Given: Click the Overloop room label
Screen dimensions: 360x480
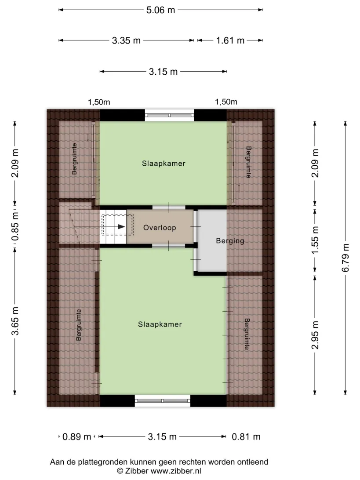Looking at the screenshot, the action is click(160, 228).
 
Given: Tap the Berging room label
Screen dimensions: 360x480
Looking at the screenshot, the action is click(230, 240).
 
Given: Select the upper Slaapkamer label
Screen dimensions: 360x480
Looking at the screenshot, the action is click(164, 164).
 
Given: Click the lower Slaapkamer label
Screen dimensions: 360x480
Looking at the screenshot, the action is click(160, 324).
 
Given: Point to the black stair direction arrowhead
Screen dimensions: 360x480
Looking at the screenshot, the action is click(121, 226).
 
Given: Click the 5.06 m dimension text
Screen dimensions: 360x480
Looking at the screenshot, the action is click(160, 10).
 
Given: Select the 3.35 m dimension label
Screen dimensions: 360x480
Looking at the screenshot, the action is click(126, 40).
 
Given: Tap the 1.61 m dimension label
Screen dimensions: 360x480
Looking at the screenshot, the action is click(230, 40).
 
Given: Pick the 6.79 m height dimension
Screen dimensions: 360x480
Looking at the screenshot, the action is click(345, 258).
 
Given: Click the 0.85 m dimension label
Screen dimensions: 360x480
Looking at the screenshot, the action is click(15, 226).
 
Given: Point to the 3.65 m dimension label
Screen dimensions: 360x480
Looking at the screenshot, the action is click(15, 321).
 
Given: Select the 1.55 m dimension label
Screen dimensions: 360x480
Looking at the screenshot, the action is click(315, 240).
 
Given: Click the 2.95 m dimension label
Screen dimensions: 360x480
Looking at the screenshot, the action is click(315, 335).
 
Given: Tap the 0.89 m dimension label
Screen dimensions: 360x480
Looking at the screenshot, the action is click(76, 436).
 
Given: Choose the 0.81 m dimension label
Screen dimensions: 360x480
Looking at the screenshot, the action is click(246, 436).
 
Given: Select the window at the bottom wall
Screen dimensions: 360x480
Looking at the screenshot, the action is click(163, 401).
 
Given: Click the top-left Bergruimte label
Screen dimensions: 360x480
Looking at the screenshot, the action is click(74, 159).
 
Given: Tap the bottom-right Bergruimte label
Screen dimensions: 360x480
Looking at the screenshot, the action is click(247, 334).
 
